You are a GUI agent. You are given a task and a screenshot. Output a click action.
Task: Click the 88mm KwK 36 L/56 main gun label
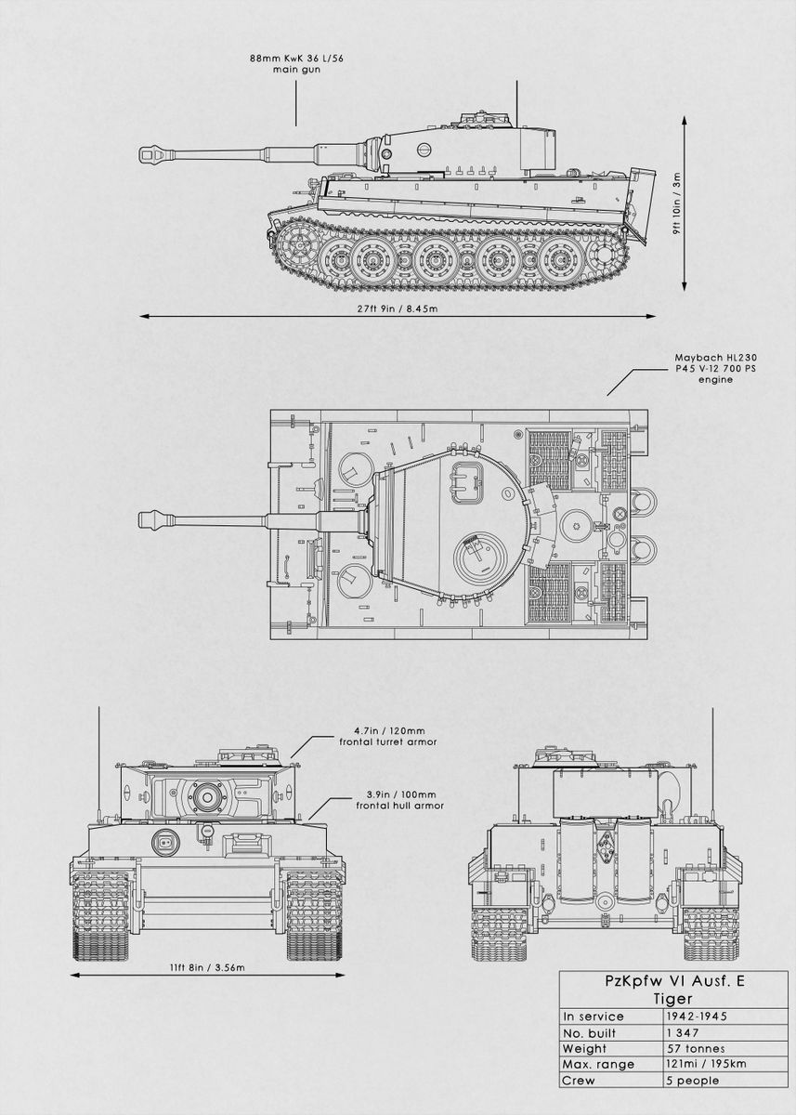tap(295, 63)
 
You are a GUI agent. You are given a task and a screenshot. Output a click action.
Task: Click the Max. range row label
tap(599, 1064)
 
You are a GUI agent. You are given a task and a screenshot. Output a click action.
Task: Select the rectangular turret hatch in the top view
tap(468, 479)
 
